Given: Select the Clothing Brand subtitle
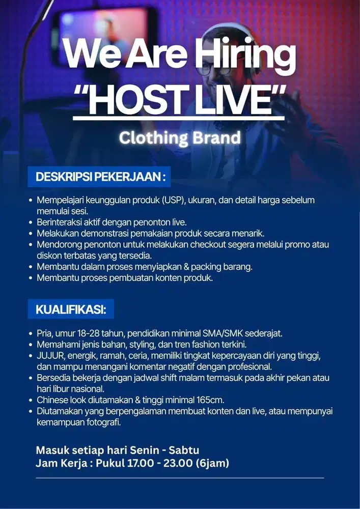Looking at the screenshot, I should (180, 137).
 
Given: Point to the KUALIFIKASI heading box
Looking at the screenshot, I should (71, 309).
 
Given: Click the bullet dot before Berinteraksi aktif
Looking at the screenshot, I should (31, 222).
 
